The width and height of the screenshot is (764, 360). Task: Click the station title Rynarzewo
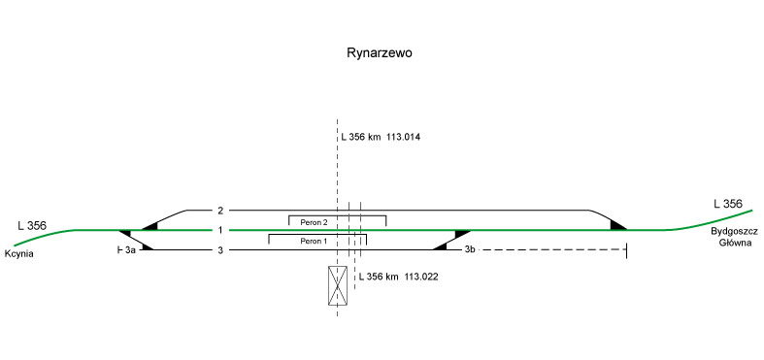tap(379, 52)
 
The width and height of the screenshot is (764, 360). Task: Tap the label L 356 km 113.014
tap(381, 137)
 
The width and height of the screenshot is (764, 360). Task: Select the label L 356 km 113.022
tap(399, 277)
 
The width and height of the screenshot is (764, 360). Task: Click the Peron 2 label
tap(314, 222)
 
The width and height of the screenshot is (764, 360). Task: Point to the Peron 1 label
tap(314, 241)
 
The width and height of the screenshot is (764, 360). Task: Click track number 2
tap(220, 211)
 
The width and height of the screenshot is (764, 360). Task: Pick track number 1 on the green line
tap(220, 230)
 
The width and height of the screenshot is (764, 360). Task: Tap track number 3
tap(220, 250)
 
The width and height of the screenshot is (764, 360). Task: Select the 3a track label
tap(130, 250)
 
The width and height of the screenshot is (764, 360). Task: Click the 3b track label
tap(470, 250)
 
